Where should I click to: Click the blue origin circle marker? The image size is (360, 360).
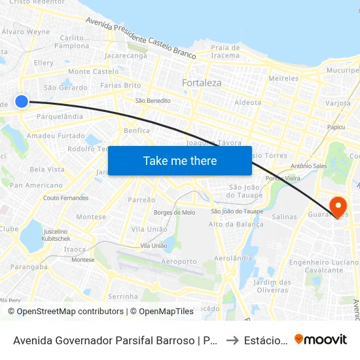[x=22, y=101]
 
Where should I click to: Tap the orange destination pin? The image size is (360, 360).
[x=338, y=206]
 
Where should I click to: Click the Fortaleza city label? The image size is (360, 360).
[x=202, y=83]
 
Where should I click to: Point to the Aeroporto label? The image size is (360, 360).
[x=179, y=261]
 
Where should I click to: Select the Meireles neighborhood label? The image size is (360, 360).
[x=283, y=79]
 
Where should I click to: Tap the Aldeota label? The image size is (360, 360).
[x=247, y=103]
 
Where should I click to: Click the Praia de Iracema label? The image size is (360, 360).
[x=225, y=51]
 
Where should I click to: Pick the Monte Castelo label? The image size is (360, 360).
[x=94, y=71]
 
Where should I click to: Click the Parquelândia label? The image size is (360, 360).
[x=60, y=117]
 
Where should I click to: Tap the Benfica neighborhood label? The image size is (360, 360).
[x=137, y=130]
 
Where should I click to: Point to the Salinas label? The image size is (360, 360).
[x=284, y=217]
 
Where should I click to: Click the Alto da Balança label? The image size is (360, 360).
[x=236, y=224]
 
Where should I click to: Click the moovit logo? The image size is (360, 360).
[x=320, y=339]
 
